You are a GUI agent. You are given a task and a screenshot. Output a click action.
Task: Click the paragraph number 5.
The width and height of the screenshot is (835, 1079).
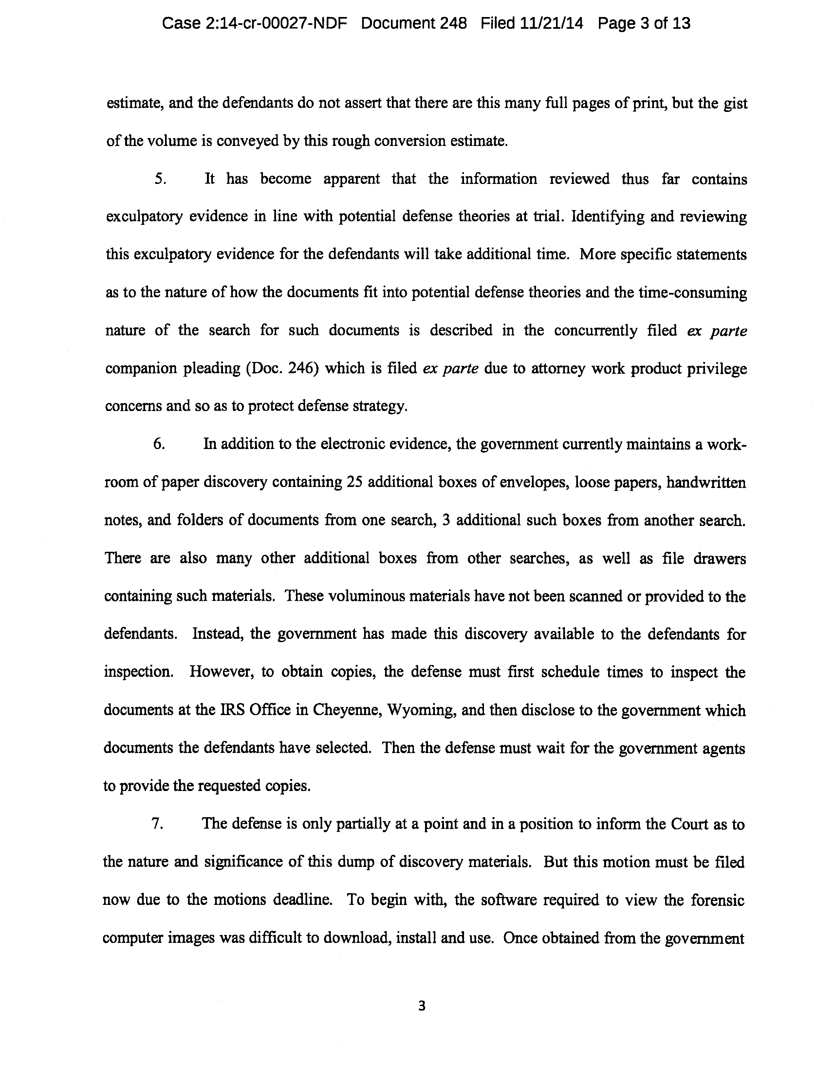(160, 179)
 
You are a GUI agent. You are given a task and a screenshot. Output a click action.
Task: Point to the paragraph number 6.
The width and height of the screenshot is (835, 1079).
(159, 444)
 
